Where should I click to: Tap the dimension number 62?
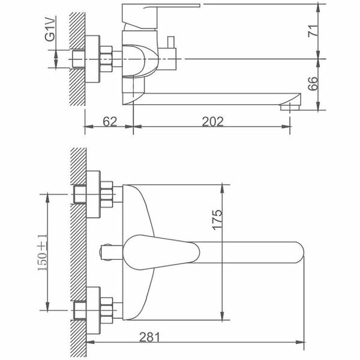pos(109,121)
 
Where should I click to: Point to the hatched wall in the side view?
pos(77,60)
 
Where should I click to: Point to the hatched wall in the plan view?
pos(77,252)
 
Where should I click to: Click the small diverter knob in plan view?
pos(108,252)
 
